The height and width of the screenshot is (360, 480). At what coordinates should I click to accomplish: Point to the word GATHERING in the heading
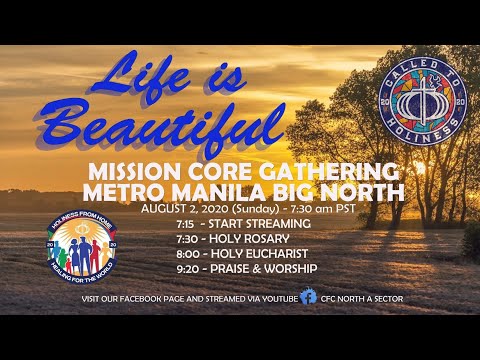(326, 169)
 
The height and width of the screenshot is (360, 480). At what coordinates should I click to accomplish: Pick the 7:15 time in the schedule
(182, 223)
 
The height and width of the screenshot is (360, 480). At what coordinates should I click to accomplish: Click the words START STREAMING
(261, 223)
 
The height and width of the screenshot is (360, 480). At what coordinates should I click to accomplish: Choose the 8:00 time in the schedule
(183, 255)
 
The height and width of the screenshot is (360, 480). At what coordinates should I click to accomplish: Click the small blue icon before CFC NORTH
(311, 298)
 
